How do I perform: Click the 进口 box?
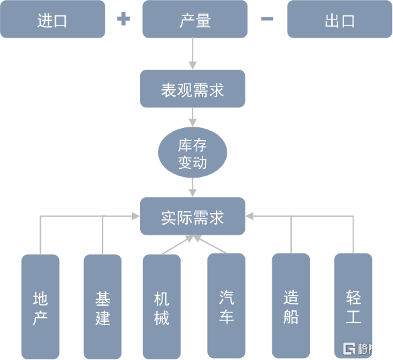[52, 19]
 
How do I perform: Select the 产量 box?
[195, 19]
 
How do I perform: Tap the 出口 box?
[339, 19]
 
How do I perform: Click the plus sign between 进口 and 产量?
[123, 19]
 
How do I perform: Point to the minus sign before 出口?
[267, 19]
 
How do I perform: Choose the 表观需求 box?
[192, 88]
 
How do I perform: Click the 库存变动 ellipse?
[192, 152]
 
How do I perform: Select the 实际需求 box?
[192, 216]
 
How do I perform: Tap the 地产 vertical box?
[40, 306]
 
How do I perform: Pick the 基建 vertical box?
[103, 306]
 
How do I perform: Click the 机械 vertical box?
[162, 306]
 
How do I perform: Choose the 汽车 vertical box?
[226, 306]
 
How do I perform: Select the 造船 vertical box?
[291, 306]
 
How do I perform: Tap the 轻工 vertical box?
[353, 306]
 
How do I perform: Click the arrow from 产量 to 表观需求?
[192, 54]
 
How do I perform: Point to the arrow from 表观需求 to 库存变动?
[192, 117]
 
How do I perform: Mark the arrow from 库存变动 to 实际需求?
[192, 188]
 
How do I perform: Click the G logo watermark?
[349, 349]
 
